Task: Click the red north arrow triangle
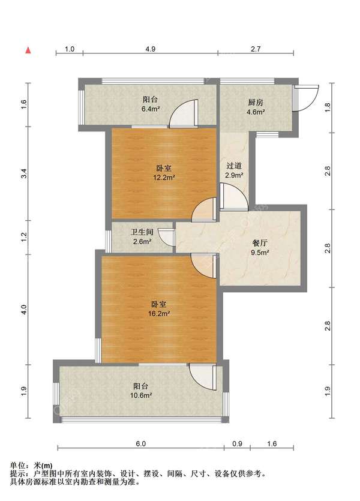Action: [28, 50]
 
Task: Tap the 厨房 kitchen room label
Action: [256, 103]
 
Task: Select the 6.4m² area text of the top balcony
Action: [151, 109]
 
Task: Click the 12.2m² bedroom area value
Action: [164, 178]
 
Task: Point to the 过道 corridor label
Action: [234, 166]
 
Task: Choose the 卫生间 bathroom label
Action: [142, 232]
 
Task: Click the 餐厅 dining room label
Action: [260, 243]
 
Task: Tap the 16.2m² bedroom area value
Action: [159, 313]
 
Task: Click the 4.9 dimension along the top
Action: [150, 49]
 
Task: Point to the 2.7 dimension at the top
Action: [256, 49]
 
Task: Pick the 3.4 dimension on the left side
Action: [24, 173]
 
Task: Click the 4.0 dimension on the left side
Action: [24, 309]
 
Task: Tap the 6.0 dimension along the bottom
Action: [140, 444]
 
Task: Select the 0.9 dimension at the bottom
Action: [238, 444]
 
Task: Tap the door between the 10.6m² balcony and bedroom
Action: [202, 377]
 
